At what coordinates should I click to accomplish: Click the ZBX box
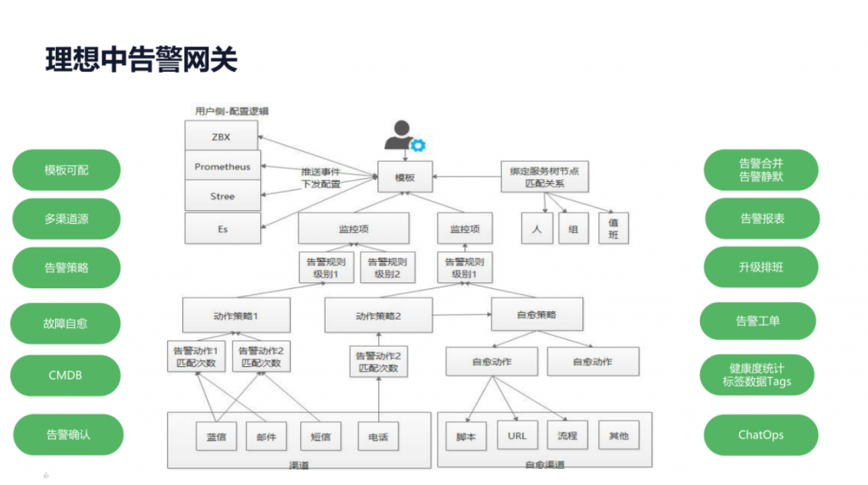[x=222, y=136]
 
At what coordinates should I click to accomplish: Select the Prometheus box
[x=222, y=167]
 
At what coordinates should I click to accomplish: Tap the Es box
[x=222, y=228]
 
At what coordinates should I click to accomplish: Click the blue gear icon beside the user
[x=417, y=145]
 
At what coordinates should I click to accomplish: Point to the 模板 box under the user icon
[x=404, y=177]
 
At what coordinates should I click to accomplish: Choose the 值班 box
[x=613, y=229]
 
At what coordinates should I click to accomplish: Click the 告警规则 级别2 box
[x=386, y=268]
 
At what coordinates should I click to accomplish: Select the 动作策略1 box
[x=236, y=315]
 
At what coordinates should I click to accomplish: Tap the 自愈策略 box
[x=537, y=315]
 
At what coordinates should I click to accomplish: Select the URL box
[x=517, y=436]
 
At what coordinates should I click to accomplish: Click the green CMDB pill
[x=65, y=375]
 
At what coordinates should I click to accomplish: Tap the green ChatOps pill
[x=760, y=435]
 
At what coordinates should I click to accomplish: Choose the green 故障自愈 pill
[x=65, y=323]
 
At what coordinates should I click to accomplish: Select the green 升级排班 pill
[x=760, y=267]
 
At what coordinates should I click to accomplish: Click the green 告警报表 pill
[x=761, y=219]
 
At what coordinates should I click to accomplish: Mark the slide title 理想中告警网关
[x=141, y=60]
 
